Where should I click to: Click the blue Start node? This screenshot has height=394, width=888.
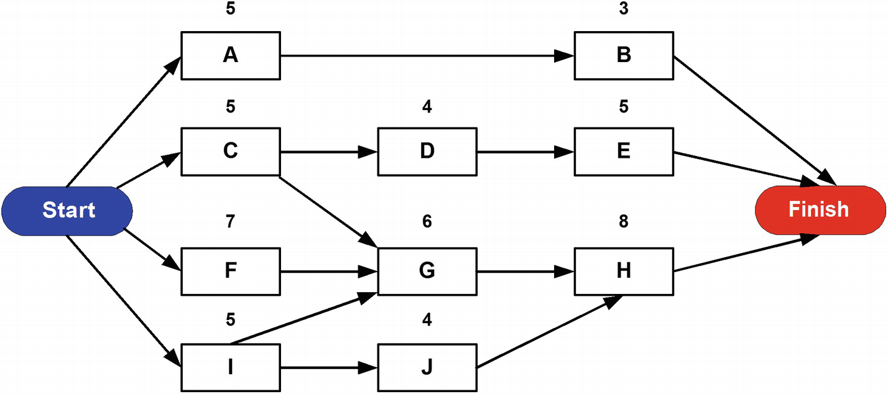pos(67,210)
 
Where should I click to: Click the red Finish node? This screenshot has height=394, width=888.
pos(820,210)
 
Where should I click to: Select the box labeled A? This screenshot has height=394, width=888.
pos(230,55)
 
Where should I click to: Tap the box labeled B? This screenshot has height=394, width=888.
pos(624,55)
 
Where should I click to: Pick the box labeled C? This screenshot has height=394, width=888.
pos(230,151)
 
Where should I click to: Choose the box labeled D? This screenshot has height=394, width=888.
pos(427,151)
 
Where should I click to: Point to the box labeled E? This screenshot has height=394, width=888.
pos(624,151)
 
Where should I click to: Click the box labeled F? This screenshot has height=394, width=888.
pos(230,271)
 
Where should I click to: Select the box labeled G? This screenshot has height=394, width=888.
pos(427,271)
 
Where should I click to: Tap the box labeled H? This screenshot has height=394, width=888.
pos(624,271)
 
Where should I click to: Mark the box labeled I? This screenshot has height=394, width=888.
pos(230,367)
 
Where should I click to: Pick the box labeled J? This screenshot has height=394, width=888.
pos(427,367)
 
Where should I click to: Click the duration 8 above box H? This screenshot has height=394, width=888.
pos(624,222)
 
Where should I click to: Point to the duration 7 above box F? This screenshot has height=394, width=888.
pos(230,222)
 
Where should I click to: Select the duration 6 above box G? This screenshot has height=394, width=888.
pos(427,222)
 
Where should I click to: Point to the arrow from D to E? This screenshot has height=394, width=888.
pos(525,152)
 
